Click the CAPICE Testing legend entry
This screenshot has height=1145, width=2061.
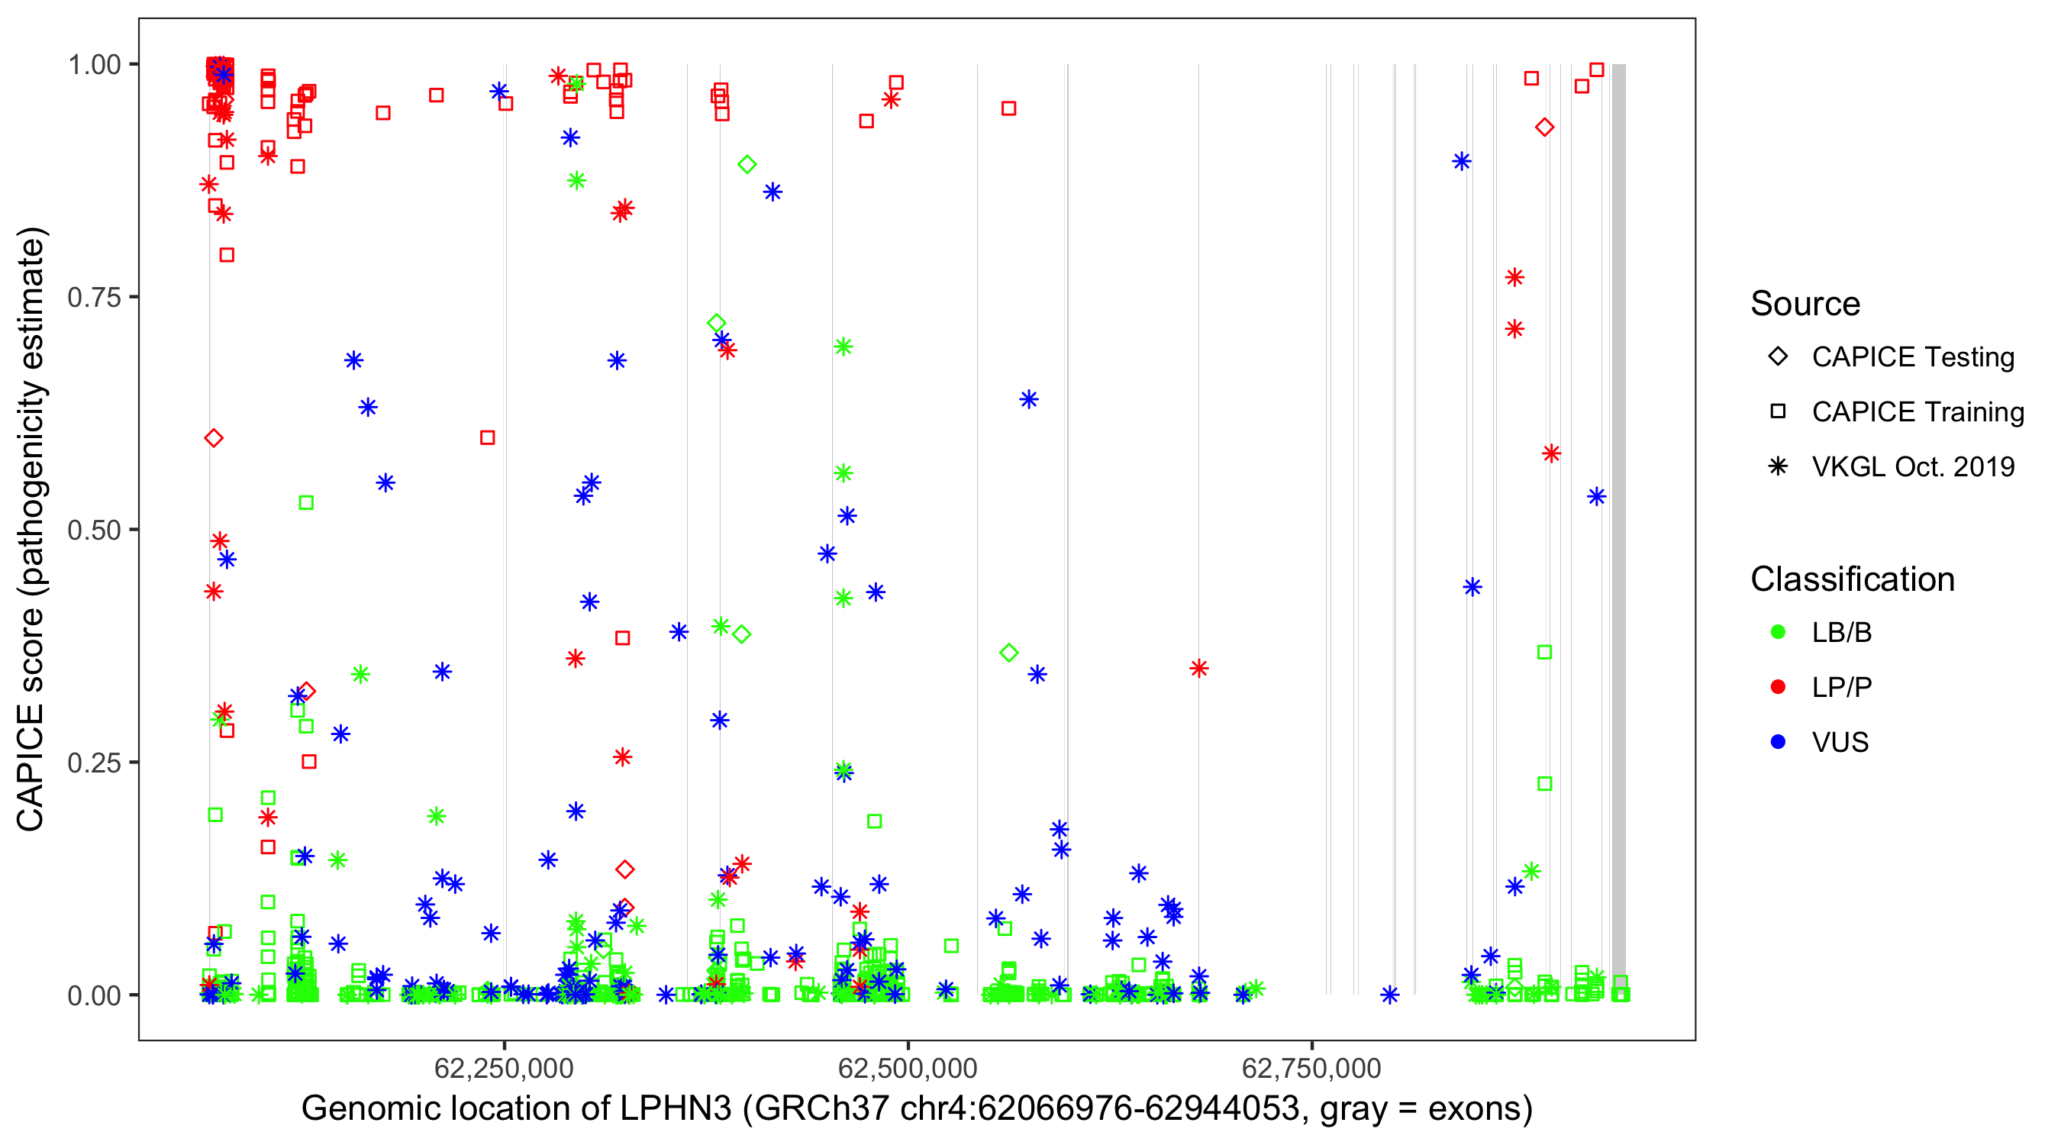(x=1912, y=357)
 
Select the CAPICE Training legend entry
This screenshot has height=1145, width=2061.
(x=1917, y=412)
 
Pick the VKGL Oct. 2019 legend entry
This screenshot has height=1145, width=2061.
(x=1912, y=466)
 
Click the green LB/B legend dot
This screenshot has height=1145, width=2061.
(x=1778, y=632)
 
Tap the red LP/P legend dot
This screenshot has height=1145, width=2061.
(x=1778, y=687)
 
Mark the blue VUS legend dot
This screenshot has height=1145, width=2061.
(x=1778, y=742)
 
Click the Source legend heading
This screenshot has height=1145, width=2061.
(x=1805, y=304)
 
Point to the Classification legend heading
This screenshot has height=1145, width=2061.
(x=1852, y=579)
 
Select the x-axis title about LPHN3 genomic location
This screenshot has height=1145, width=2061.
(x=917, y=1109)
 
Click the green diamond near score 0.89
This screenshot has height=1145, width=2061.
(x=747, y=165)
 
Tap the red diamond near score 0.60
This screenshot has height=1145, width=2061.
(x=213, y=437)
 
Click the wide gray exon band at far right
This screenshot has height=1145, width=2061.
(x=1618, y=528)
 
